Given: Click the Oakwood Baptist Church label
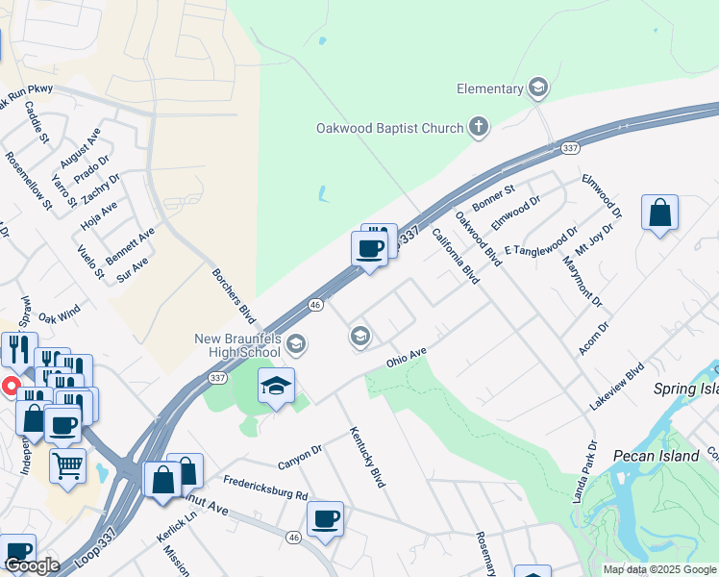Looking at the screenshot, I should tap(389, 128).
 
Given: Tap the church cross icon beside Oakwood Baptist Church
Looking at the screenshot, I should tap(478, 127).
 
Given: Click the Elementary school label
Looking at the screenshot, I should tap(489, 89).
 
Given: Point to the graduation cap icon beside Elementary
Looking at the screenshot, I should tap(537, 88).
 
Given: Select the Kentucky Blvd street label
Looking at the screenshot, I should tap(367, 457).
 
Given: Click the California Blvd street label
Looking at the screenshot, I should tap(455, 255).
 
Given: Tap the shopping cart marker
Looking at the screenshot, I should tap(67, 466).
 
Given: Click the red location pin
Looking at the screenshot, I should tap(12, 387).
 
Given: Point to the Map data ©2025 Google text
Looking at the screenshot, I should tap(658, 569).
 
